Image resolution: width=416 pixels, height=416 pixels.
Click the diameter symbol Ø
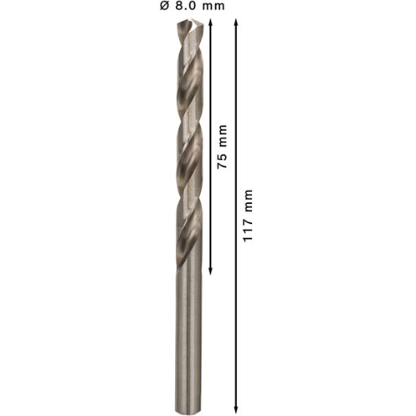164,6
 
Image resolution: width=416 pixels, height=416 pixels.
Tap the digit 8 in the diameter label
179,6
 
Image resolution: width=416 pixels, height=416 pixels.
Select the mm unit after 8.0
214,6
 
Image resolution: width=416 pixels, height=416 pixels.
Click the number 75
222,161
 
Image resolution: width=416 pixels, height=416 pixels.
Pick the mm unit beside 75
222,136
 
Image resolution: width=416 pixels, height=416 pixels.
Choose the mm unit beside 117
248,201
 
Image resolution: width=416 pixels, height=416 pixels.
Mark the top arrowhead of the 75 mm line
210,22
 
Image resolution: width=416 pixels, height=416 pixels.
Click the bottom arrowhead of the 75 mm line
210,271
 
